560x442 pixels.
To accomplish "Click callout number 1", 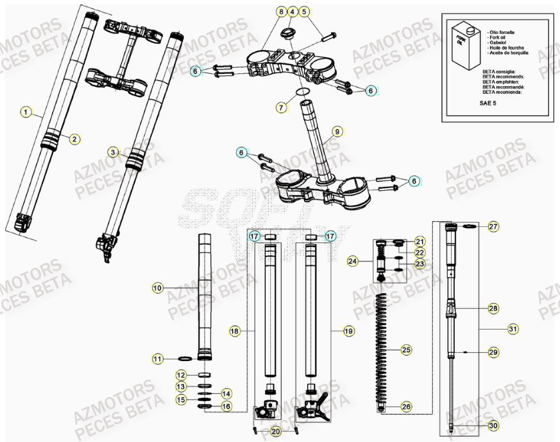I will click(x=25, y=112).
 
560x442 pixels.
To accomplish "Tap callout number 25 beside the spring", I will click(x=406, y=350).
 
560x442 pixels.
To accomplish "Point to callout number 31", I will click(x=513, y=329).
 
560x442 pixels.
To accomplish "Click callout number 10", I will click(x=158, y=289).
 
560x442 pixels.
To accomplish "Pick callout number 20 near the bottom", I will click(x=275, y=432).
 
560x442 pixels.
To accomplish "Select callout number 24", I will click(x=352, y=261).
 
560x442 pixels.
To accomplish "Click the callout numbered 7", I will click(x=282, y=107).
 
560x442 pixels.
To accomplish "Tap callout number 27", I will click(x=493, y=227).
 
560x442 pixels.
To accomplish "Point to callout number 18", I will click(x=235, y=331).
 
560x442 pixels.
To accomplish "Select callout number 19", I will click(x=348, y=331).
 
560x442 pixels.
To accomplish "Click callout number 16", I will click(x=226, y=406).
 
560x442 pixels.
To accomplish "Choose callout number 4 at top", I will click(x=292, y=12).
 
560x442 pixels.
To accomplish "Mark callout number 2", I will click(x=74, y=138).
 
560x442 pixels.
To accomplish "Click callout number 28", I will click(x=493, y=308).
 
